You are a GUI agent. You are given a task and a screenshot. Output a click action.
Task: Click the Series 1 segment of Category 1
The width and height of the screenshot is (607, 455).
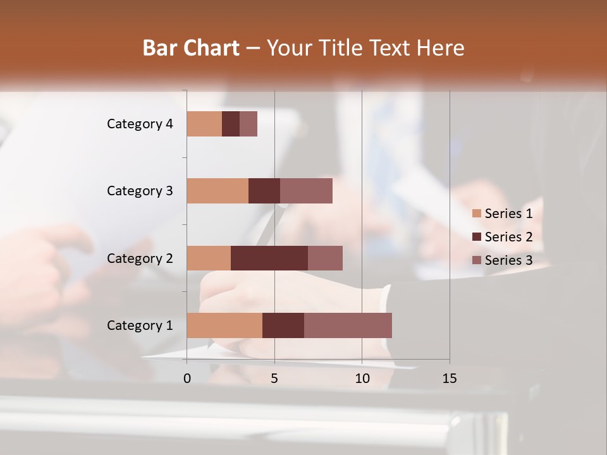[224, 325]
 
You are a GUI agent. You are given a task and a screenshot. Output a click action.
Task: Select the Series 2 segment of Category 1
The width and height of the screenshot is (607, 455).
[283, 325]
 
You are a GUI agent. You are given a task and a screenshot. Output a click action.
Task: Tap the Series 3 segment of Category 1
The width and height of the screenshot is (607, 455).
[348, 325]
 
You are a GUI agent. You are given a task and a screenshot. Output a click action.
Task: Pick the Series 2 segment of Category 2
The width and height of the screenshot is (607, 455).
[269, 258]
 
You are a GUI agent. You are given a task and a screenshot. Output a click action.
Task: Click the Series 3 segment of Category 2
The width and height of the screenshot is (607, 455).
[325, 258]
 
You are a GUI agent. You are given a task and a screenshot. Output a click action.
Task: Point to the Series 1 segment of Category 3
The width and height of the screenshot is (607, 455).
[218, 191]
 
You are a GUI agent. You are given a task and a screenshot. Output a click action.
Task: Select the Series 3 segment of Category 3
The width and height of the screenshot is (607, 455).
[306, 191]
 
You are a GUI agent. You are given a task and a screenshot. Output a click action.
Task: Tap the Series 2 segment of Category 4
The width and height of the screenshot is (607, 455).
[231, 124]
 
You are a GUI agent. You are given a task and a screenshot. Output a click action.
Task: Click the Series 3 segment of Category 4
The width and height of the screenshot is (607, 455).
[248, 124]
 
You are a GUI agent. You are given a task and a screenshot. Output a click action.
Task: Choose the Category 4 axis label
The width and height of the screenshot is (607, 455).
[140, 124]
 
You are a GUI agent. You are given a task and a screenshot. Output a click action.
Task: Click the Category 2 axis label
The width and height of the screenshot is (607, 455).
[140, 258]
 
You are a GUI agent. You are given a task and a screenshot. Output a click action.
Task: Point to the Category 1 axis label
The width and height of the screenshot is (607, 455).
[140, 325]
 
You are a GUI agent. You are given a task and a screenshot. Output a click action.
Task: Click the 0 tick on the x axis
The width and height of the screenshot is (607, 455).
[187, 379]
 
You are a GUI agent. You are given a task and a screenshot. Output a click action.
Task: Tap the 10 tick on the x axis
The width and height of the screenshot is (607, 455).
[362, 379]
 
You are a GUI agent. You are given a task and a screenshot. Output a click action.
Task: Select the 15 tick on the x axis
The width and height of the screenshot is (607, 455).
[450, 379]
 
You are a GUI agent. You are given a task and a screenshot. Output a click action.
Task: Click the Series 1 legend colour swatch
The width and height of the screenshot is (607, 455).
[477, 214]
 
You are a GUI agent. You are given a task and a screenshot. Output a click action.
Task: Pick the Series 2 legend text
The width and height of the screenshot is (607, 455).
[508, 237]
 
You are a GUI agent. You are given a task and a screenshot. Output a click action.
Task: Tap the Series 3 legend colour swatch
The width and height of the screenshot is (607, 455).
[477, 260]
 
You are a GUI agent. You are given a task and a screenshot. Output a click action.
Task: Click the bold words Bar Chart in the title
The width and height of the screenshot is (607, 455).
[191, 48]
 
